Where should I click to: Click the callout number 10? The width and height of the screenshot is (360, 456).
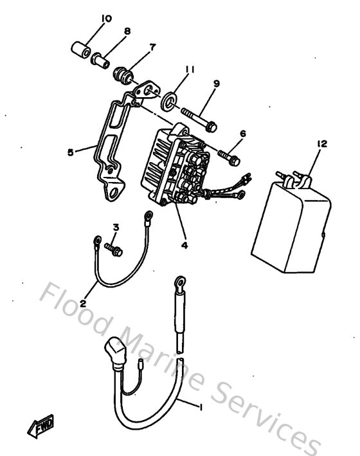(x=107, y=19)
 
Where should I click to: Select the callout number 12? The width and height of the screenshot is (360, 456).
(x=321, y=145)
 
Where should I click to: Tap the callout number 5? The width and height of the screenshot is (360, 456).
(x=70, y=152)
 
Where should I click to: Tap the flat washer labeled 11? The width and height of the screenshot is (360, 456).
(x=170, y=100)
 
